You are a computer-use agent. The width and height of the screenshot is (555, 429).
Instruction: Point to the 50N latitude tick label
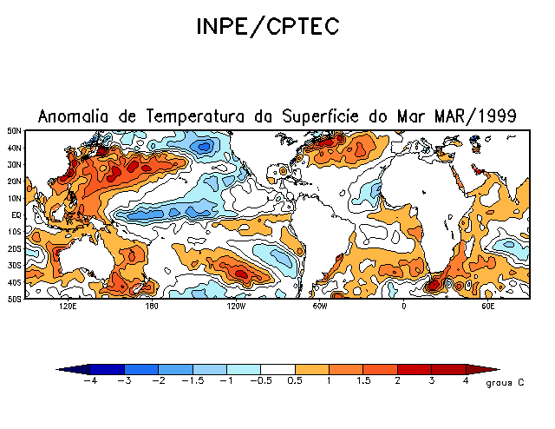click(15, 131)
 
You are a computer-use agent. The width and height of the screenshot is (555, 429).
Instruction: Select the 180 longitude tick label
click(151, 307)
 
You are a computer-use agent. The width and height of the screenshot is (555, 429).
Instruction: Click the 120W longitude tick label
click(235, 307)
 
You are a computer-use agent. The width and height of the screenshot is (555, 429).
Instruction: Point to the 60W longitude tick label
click(320, 307)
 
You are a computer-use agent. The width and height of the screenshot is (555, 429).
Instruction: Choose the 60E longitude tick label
click(487, 307)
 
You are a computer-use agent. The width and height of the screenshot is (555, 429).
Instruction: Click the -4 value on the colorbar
click(88, 381)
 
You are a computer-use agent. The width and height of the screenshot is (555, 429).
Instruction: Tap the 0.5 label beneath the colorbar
click(295, 381)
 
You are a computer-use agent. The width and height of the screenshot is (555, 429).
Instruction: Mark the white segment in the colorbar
click(277, 369)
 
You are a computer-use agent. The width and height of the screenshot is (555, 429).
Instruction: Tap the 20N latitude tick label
click(15, 181)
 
